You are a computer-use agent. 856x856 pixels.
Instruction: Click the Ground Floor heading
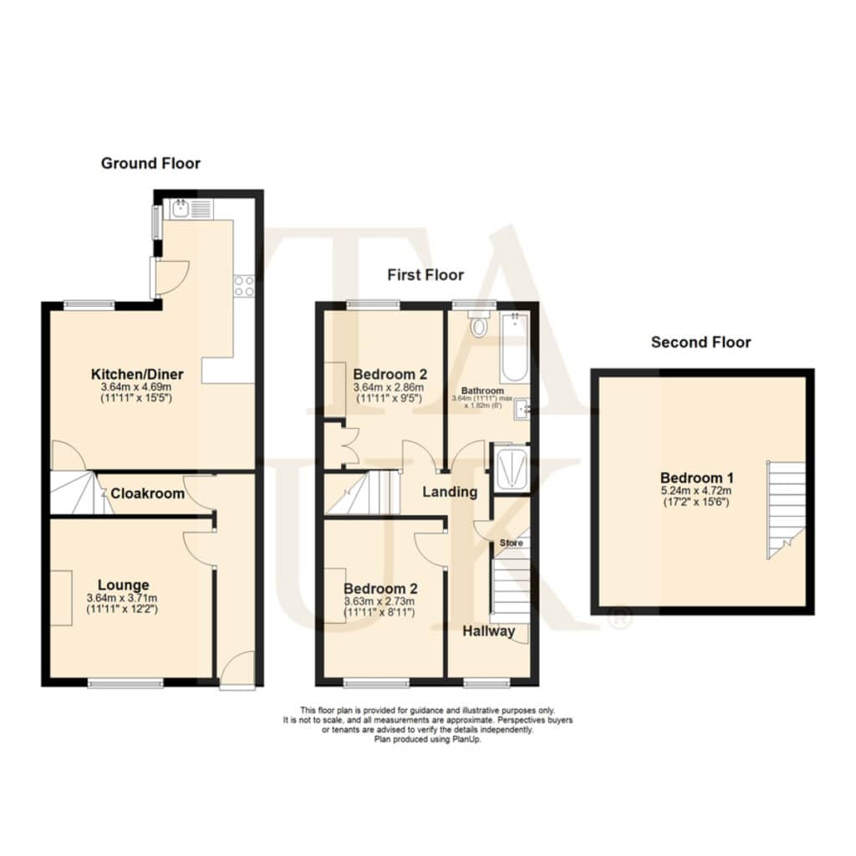click(150, 163)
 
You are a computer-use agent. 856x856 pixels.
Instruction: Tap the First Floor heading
click(425, 274)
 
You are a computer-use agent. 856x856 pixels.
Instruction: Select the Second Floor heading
click(701, 342)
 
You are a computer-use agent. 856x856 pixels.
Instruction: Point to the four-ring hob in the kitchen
click(243, 286)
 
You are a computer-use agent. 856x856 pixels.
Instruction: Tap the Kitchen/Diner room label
click(137, 374)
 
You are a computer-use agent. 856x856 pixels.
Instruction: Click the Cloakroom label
click(147, 493)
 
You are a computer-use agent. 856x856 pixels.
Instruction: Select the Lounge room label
click(124, 585)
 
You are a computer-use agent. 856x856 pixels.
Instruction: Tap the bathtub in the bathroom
click(514, 347)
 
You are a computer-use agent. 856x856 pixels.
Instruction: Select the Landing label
click(450, 492)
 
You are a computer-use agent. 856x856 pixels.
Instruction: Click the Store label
click(512, 543)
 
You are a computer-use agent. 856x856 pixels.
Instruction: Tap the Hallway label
click(488, 631)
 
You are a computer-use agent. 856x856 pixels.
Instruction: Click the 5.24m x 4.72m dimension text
click(696, 490)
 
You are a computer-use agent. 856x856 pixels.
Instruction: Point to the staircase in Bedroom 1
click(786, 510)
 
